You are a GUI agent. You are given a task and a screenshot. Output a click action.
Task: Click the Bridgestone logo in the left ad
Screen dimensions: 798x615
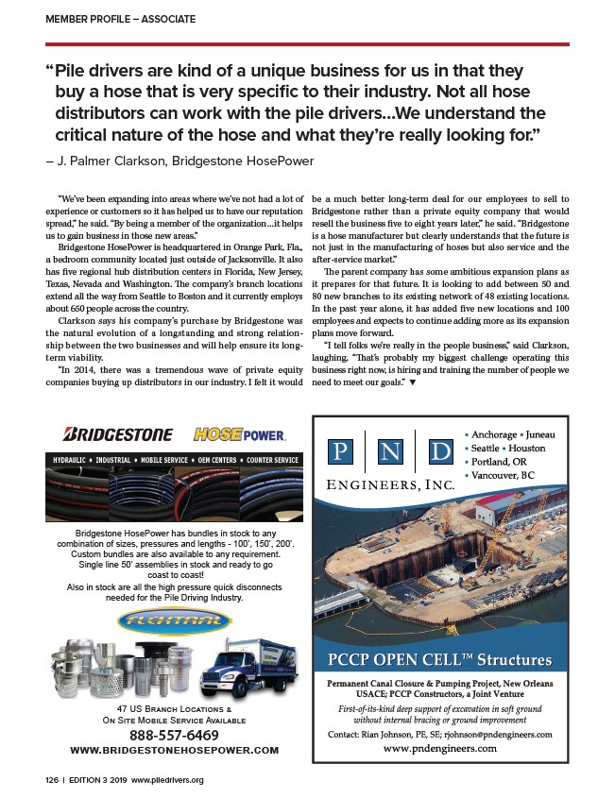[x=117, y=433]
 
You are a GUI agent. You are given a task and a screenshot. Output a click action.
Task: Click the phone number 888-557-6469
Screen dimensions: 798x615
[x=175, y=735]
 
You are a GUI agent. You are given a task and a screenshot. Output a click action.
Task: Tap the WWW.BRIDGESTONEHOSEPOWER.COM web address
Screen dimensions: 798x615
[x=175, y=750]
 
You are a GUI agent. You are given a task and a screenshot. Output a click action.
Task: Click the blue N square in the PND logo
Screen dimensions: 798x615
[x=389, y=450]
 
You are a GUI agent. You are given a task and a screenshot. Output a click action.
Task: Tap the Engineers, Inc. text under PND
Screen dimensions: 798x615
[x=389, y=484]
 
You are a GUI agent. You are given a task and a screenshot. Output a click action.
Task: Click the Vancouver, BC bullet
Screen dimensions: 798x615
[x=504, y=475]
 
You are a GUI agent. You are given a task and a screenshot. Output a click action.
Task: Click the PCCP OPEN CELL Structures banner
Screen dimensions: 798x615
[x=440, y=658]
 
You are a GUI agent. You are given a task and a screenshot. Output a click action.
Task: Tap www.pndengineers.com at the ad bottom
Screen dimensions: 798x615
[x=440, y=748]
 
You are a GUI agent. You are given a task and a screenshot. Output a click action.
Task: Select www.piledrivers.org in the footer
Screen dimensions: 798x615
[x=168, y=780]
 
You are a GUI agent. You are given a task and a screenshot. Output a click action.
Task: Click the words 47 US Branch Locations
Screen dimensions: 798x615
[x=174, y=707]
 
